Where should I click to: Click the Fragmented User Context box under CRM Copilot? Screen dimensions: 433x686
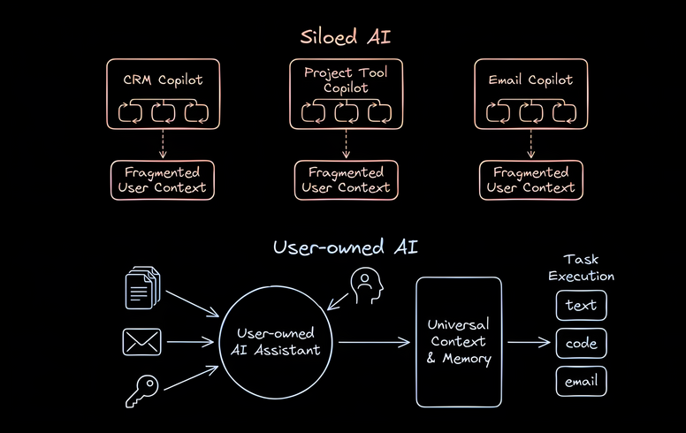[162, 179]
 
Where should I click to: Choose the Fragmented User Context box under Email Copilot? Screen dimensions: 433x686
[530, 179]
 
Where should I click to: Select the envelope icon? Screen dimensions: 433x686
[142, 341]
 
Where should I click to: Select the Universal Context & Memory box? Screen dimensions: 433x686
[458, 342]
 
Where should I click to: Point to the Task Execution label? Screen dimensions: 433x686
[581, 267]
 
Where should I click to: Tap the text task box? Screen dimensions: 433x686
[581, 306]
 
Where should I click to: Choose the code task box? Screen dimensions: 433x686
[581, 344]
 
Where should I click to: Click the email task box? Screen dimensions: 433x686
[581, 381]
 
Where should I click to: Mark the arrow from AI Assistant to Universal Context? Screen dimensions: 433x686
[373, 342]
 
